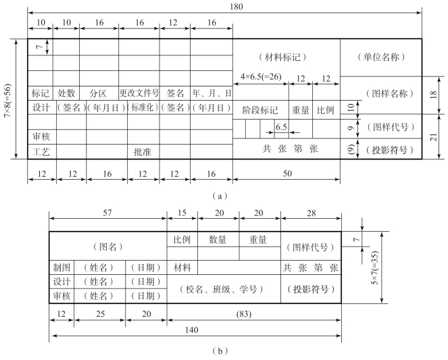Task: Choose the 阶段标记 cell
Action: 259,109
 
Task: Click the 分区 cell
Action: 99,93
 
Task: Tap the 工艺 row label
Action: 41,152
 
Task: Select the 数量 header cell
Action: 218,239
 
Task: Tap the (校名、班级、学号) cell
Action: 224,288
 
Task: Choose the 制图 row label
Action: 61,267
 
